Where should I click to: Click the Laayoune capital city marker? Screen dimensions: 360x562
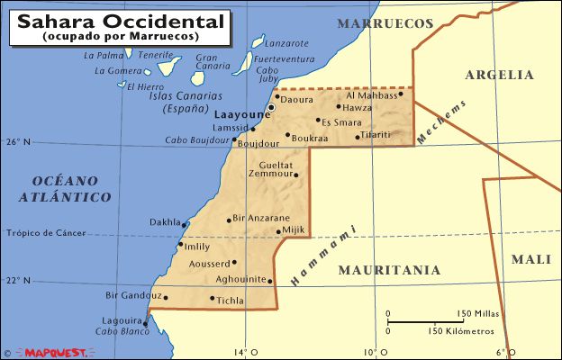point(271,108)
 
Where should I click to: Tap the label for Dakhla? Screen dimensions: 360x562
point(165,221)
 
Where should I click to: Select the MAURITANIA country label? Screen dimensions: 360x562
point(389,269)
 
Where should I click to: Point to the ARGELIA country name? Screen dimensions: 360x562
point(500,76)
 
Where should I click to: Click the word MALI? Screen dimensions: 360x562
point(530,259)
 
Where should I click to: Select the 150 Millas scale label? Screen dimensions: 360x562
point(478,313)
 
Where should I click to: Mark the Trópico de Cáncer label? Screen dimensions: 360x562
point(46,234)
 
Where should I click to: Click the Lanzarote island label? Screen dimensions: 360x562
point(288,42)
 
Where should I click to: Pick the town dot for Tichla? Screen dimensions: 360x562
point(213,299)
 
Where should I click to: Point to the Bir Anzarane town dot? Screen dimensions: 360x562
point(229,219)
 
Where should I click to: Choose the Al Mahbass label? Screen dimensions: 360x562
point(372,94)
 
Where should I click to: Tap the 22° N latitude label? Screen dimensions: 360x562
point(18,281)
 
